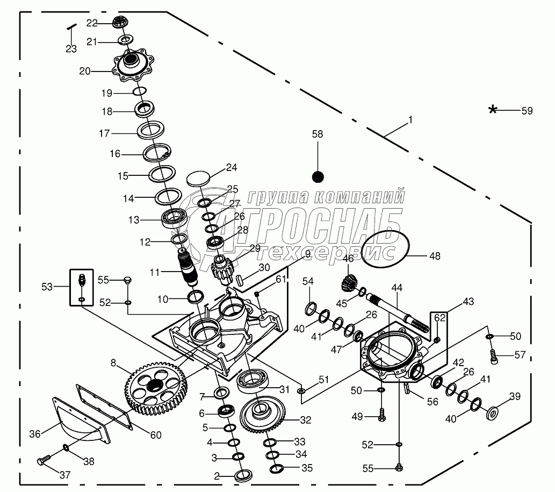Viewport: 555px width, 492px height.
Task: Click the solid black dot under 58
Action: [x=318, y=176]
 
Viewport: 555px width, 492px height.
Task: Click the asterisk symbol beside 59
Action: [x=493, y=110]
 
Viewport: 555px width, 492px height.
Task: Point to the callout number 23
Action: [x=71, y=49]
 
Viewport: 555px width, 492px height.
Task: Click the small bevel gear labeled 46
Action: [x=349, y=283]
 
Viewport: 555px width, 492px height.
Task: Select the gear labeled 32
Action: [x=266, y=415]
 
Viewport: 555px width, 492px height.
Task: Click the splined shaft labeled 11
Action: [x=189, y=267]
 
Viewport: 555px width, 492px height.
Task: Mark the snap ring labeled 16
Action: [x=157, y=154]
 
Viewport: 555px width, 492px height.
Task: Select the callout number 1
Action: [x=410, y=120]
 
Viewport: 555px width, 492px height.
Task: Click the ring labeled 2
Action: [x=244, y=475]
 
